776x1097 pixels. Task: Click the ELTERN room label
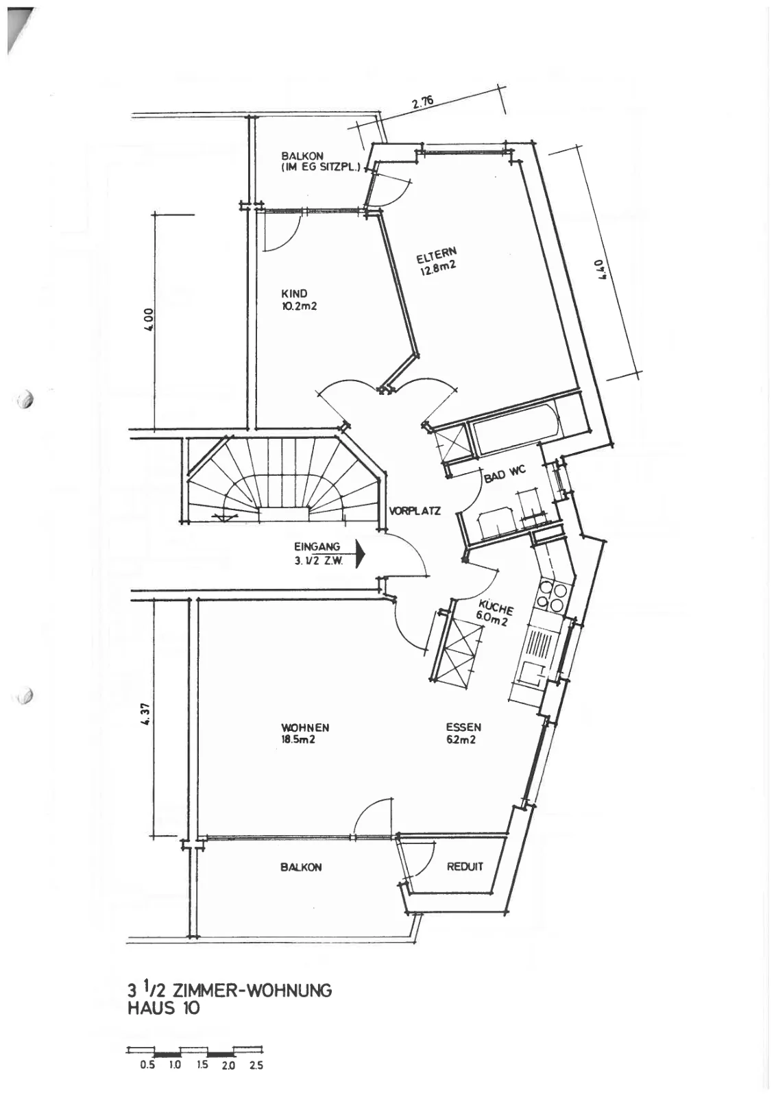point(436,254)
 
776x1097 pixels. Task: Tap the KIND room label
point(294,294)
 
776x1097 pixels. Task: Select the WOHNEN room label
point(305,727)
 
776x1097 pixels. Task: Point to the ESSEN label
point(463,727)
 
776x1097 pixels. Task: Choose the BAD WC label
point(505,474)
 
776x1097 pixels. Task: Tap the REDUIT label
point(465,867)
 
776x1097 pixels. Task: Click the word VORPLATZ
point(415,511)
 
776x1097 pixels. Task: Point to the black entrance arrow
point(361,554)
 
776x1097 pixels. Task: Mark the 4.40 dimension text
point(603,269)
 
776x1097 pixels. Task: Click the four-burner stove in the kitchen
point(552,596)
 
